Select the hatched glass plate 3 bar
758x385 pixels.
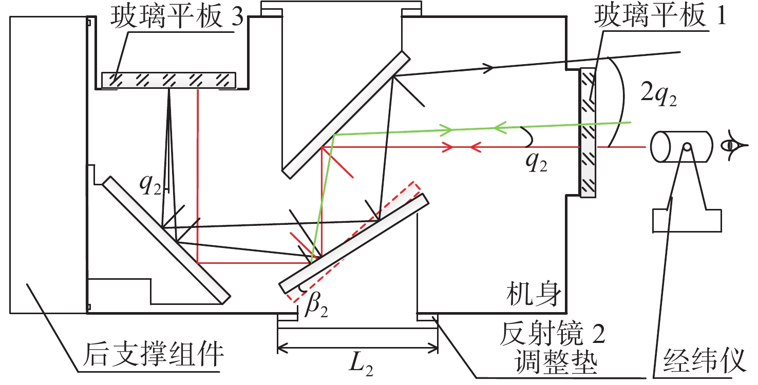point(168,80)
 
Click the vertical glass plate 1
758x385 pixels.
point(588,133)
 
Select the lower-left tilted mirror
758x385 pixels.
point(166,239)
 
